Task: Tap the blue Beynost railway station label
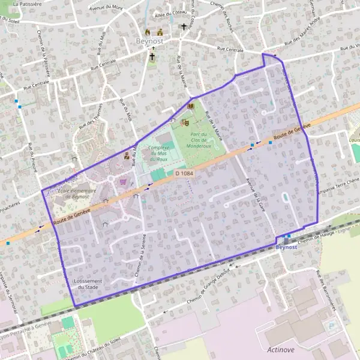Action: pyautogui.click(x=286, y=247)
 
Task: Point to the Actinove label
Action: pyautogui.click(x=281, y=349)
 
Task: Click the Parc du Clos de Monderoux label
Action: pyautogui.click(x=199, y=140)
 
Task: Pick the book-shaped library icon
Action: pyautogui.click(x=191, y=106)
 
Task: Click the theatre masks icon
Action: pyautogui.click(x=185, y=122)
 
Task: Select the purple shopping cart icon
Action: pyautogui.click(x=123, y=181)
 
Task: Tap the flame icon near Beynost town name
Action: pyautogui.click(x=148, y=32)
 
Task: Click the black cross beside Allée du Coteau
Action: pyautogui.click(x=184, y=27)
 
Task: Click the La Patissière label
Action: pyautogui.click(x=26, y=4)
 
